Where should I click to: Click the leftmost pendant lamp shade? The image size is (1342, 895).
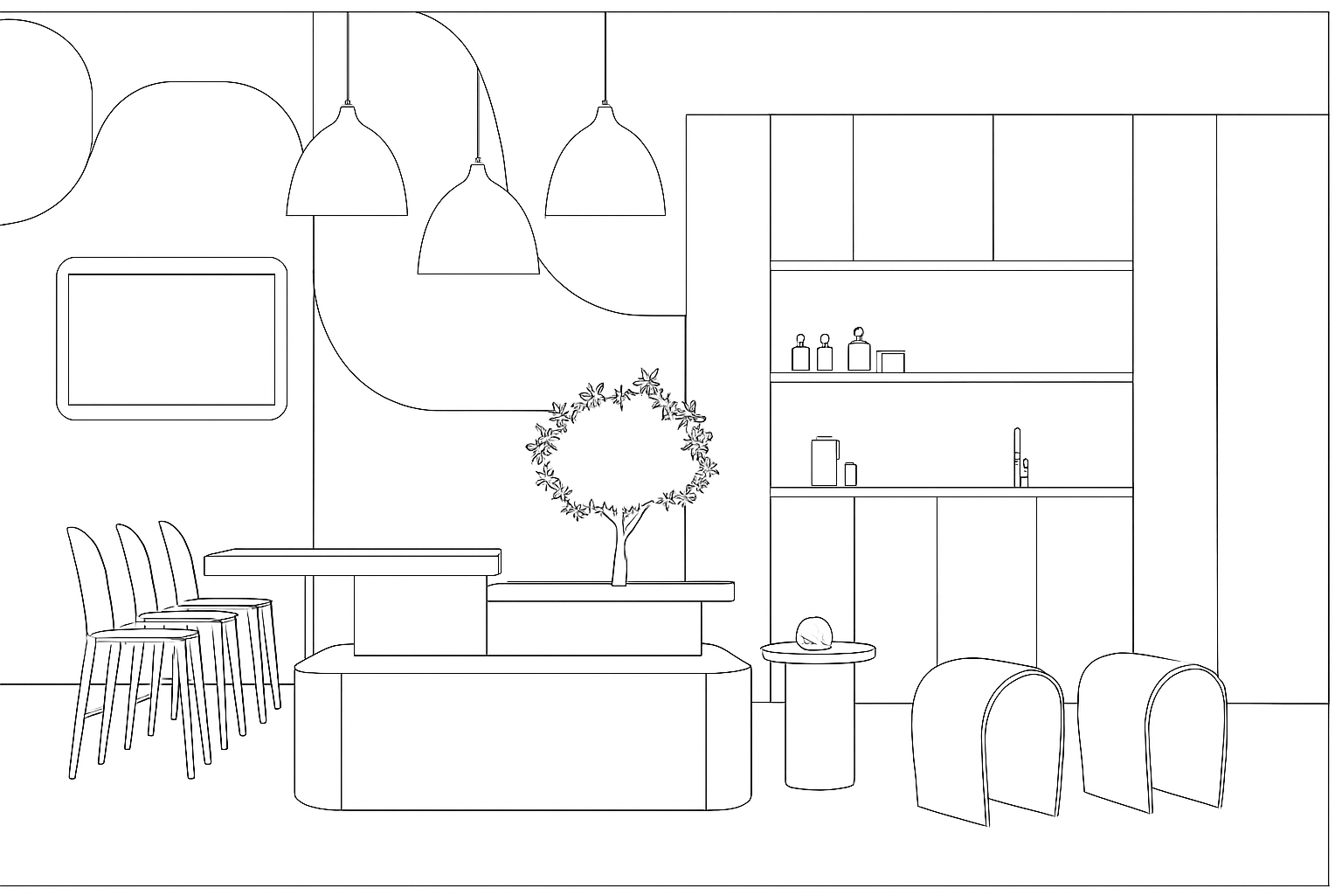pyautogui.click(x=347, y=170)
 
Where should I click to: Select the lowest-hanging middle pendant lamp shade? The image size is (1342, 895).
pyautogui.click(x=478, y=227)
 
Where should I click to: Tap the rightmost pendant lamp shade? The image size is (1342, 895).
pyautogui.click(x=605, y=170)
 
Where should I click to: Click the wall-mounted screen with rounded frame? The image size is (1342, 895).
pyautogui.click(x=171, y=339)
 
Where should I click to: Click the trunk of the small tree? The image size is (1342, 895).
pyautogui.click(x=621, y=551)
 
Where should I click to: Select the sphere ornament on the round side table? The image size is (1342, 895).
pyautogui.click(x=813, y=633)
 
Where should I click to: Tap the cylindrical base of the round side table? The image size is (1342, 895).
pyautogui.click(x=819, y=725)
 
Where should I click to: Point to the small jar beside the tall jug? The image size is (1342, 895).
pyautogui.click(x=850, y=474)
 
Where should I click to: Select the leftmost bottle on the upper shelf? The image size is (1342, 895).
pyautogui.click(x=800, y=354)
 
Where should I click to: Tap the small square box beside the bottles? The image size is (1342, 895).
pyautogui.click(x=891, y=361)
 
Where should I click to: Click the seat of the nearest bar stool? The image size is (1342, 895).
pyautogui.click(x=144, y=635)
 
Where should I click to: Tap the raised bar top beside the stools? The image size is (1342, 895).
pyautogui.click(x=352, y=561)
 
